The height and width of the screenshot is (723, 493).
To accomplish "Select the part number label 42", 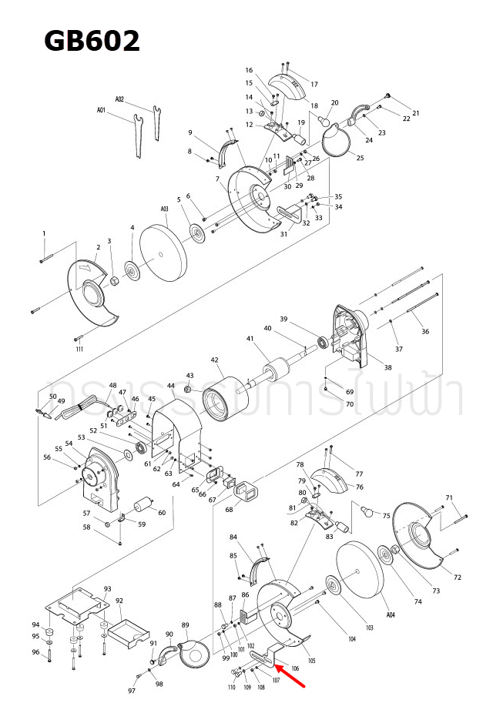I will pos(215,360).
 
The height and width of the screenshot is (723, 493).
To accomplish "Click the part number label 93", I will pos(108,589).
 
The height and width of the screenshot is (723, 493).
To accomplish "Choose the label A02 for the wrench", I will pos(119,99).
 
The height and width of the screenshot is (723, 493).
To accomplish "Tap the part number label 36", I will pos(425,332).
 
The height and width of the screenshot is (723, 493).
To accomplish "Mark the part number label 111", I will pos(79,349).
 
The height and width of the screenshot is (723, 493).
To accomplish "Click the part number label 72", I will pos(457,577).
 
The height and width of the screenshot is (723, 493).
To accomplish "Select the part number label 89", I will pos(185,624).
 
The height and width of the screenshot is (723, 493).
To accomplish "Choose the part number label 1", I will pos(44,233).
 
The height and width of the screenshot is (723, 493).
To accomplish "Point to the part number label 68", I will pos(229,510).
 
